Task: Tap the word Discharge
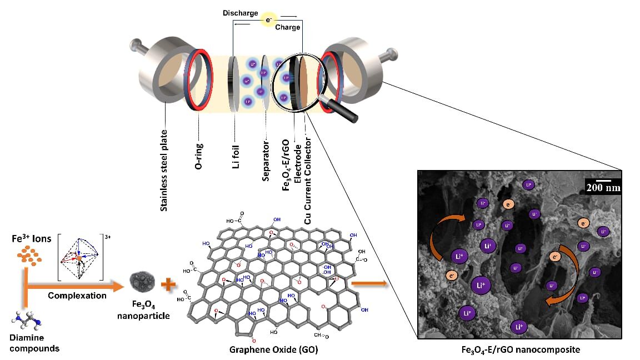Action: click(241, 13)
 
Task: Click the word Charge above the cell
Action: click(287, 27)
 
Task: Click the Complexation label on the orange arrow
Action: click(77, 296)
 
